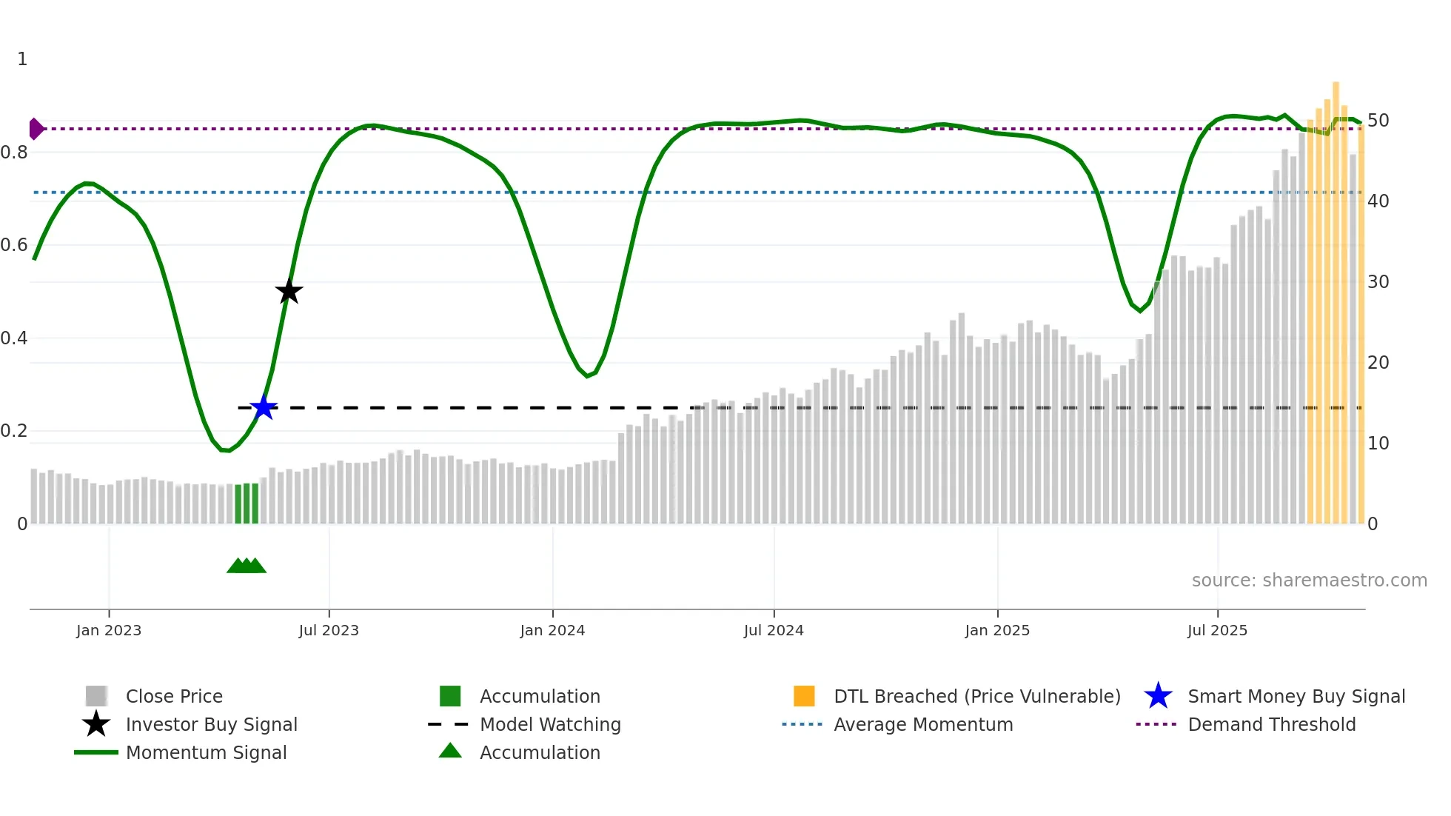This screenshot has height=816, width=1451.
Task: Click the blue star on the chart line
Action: tap(264, 407)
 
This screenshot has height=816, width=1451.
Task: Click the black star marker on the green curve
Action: tap(289, 292)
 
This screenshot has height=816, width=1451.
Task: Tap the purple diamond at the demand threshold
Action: tap(36, 129)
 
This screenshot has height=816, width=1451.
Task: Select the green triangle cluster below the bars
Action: tap(247, 566)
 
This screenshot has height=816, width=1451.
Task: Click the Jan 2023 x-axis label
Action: tap(109, 630)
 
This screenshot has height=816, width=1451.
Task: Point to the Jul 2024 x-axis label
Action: tap(774, 630)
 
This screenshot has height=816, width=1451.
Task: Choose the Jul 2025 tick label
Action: tap(1217, 630)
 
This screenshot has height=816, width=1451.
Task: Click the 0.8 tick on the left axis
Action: tap(14, 153)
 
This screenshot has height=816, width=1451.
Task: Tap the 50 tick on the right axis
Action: tap(1378, 121)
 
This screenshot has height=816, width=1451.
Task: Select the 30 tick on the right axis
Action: tap(1378, 282)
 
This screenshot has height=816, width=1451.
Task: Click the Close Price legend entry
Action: tap(174, 696)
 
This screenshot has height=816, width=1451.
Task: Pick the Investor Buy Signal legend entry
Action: tap(211, 724)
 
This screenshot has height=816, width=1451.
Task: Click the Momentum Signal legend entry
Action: tap(206, 752)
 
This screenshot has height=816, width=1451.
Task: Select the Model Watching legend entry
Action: tap(550, 724)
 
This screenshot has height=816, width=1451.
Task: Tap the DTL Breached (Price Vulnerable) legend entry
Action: tap(976, 696)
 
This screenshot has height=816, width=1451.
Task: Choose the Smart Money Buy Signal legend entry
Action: tap(1296, 696)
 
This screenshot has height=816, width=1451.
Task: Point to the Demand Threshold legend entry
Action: tap(1271, 724)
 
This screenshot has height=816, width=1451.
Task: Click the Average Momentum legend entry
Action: tap(922, 724)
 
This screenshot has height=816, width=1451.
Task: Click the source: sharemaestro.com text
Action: tap(1309, 581)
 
